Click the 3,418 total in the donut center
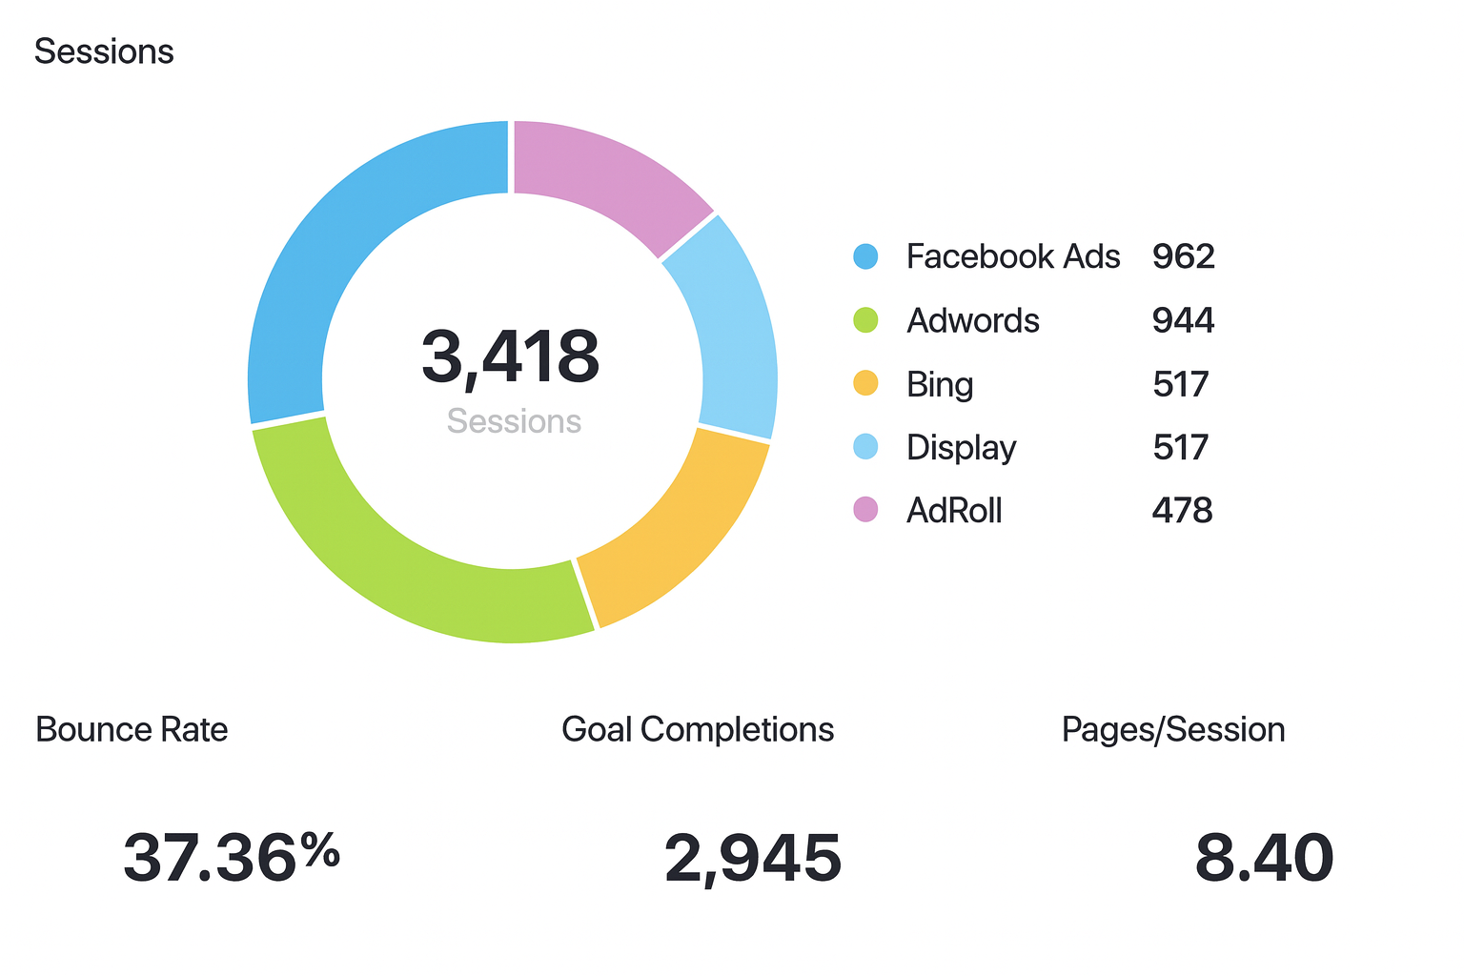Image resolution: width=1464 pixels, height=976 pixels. pos(511,357)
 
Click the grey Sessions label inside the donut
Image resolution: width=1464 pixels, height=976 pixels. pos(514,421)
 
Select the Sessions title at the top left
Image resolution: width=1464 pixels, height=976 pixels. pos(104,51)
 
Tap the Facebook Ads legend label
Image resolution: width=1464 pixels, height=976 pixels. pos(1012,256)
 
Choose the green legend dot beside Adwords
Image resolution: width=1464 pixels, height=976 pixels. pos(865,320)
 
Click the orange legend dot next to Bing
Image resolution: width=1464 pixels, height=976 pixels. pos(865,384)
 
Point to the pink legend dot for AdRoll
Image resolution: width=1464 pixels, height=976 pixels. pos(865,510)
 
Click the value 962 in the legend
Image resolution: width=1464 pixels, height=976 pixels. pos(1183,256)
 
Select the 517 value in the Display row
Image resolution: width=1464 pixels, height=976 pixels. pos(1180,447)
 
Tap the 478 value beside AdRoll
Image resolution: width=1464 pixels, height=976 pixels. pos(1182,511)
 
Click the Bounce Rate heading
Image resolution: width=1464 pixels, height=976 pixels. pos(132,729)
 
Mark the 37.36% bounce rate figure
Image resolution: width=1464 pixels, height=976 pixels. pos(231,857)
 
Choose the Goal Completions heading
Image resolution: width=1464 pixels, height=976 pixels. pos(698,729)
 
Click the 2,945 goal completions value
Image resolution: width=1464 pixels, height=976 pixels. pos(753,858)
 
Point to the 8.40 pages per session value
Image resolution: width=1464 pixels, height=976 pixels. pos(1264,858)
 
